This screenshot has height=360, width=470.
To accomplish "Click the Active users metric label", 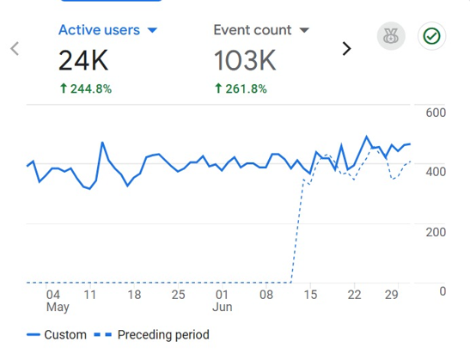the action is pyautogui.click(x=99, y=30).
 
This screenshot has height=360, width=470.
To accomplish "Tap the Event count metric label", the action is pyautogui.click(x=253, y=30).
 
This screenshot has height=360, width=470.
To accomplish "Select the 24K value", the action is pyautogui.click(x=83, y=60).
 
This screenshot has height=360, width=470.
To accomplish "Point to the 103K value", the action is pyautogui.click(x=245, y=60).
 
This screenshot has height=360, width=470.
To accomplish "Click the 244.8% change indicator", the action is pyautogui.click(x=86, y=88).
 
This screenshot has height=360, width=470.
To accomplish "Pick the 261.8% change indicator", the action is pyautogui.click(x=241, y=88).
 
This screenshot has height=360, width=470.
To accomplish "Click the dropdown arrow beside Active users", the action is pyautogui.click(x=152, y=30).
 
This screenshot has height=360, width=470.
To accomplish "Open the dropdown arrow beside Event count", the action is pyautogui.click(x=304, y=30).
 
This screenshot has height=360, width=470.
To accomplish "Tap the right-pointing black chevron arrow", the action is pyautogui.click(x=346, y=49).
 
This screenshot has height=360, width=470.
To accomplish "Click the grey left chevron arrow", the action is pyautogui.click(x=15, y=49).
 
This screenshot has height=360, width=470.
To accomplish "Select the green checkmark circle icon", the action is pyautogui.click(x=431, y=36).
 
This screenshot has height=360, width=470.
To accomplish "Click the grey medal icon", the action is pyautogui.click(x=391, y=36).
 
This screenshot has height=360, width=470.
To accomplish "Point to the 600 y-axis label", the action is pyautogui.click(x=436, y=113).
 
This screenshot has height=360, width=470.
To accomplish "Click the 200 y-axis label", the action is pyautogui.click(x=436, y=232).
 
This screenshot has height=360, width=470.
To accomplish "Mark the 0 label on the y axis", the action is pyautogui.click(x=443, y=291).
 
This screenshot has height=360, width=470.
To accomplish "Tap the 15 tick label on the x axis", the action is pyautogui.click(x=310, y=295).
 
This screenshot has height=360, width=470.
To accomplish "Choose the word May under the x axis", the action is pyautogui.click(x=58, y=308).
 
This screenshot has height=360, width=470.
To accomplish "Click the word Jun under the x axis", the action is pyautogui.click(x=222, y=307).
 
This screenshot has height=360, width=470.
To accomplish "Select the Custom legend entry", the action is pyautogui.click(x=57, y=334).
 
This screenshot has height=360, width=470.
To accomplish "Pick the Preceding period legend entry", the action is pyautogui.click(x=152, y=335).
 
